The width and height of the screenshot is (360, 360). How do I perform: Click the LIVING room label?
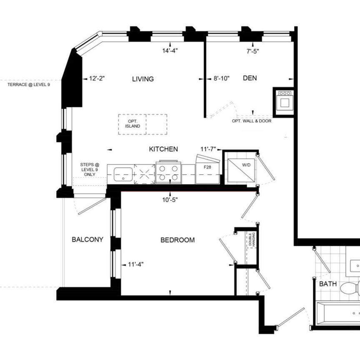coord(143,79)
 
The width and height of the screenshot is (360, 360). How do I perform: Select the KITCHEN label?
coord(164,149)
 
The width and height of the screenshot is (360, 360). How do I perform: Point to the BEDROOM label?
coord(177,240)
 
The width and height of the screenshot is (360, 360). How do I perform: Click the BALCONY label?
coord(87,240)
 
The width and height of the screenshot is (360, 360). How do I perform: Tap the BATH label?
coord(327,284)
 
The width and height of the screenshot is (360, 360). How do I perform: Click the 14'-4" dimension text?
coord(170,51)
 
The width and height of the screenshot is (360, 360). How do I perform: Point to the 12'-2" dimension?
coord(96,78)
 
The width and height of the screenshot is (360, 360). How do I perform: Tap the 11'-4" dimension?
coord(136,264)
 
